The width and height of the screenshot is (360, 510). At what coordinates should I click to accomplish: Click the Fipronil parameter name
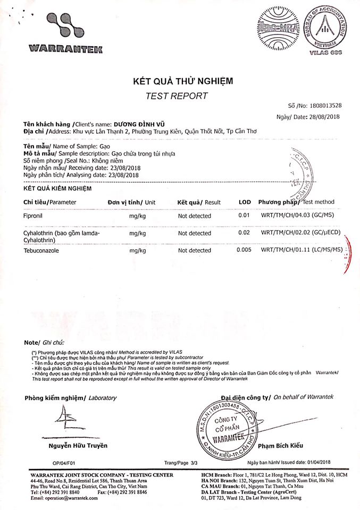34,216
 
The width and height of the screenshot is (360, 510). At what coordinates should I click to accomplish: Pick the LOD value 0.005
244,250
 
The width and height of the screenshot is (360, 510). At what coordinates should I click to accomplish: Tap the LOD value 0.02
244,233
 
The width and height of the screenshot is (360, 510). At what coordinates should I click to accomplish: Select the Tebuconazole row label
40,250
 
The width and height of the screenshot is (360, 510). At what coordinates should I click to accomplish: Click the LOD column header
245,202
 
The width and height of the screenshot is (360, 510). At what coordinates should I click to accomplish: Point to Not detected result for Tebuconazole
194,250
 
